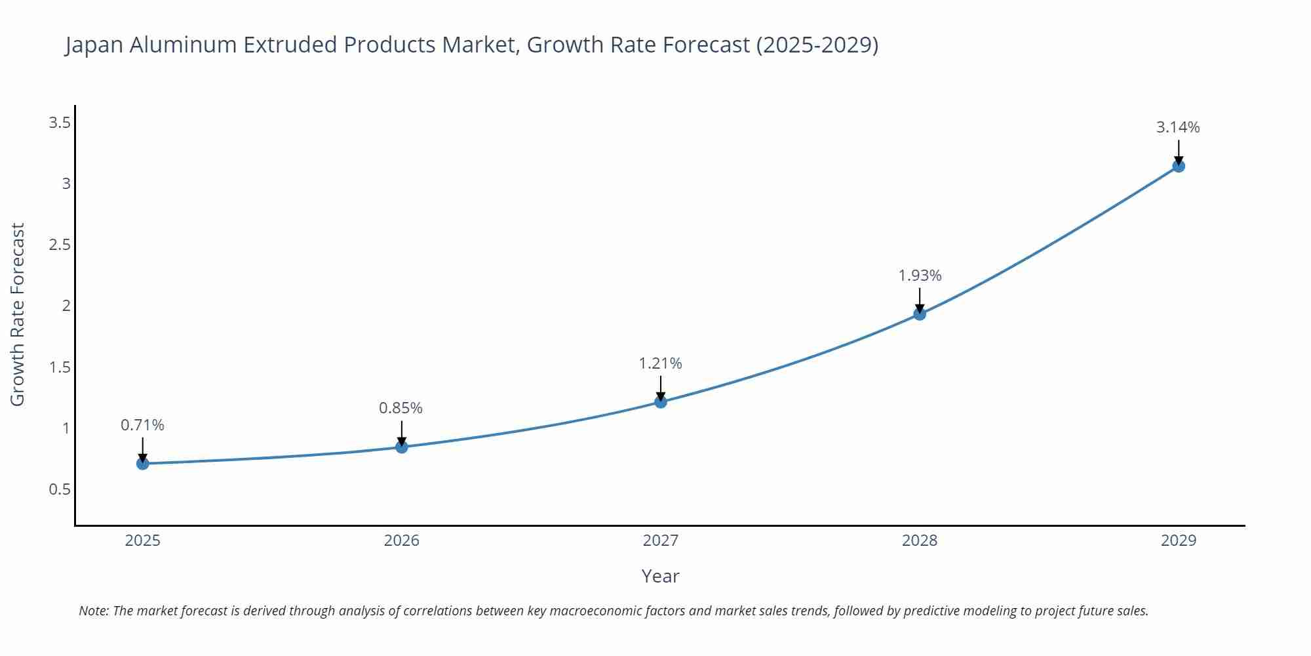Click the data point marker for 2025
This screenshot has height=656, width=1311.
point(142,464)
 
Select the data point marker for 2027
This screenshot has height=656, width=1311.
point(661,401)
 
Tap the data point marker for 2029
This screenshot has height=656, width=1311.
point(1178,166)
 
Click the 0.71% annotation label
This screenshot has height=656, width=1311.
point(142,425)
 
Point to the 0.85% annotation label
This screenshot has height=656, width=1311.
point(401,408)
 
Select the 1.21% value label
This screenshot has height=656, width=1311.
point(660,363)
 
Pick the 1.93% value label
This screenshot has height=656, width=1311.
point(920,276)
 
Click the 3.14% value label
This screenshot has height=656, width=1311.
point(1177,127)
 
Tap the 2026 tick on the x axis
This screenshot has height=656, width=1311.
point(401,541)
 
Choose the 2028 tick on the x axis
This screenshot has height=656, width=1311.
point(920,541)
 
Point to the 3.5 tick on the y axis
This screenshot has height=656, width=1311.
point(60,123)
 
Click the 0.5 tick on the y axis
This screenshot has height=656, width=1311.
point(60,489)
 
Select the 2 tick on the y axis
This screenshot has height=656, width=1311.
point(66,306)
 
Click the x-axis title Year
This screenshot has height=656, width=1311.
point(660,576)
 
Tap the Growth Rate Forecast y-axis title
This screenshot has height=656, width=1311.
point(18,314)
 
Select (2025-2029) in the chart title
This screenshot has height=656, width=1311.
point(817,45)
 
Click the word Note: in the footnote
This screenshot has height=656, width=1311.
point(94,611)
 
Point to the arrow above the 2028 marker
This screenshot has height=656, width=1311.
point(920,300)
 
